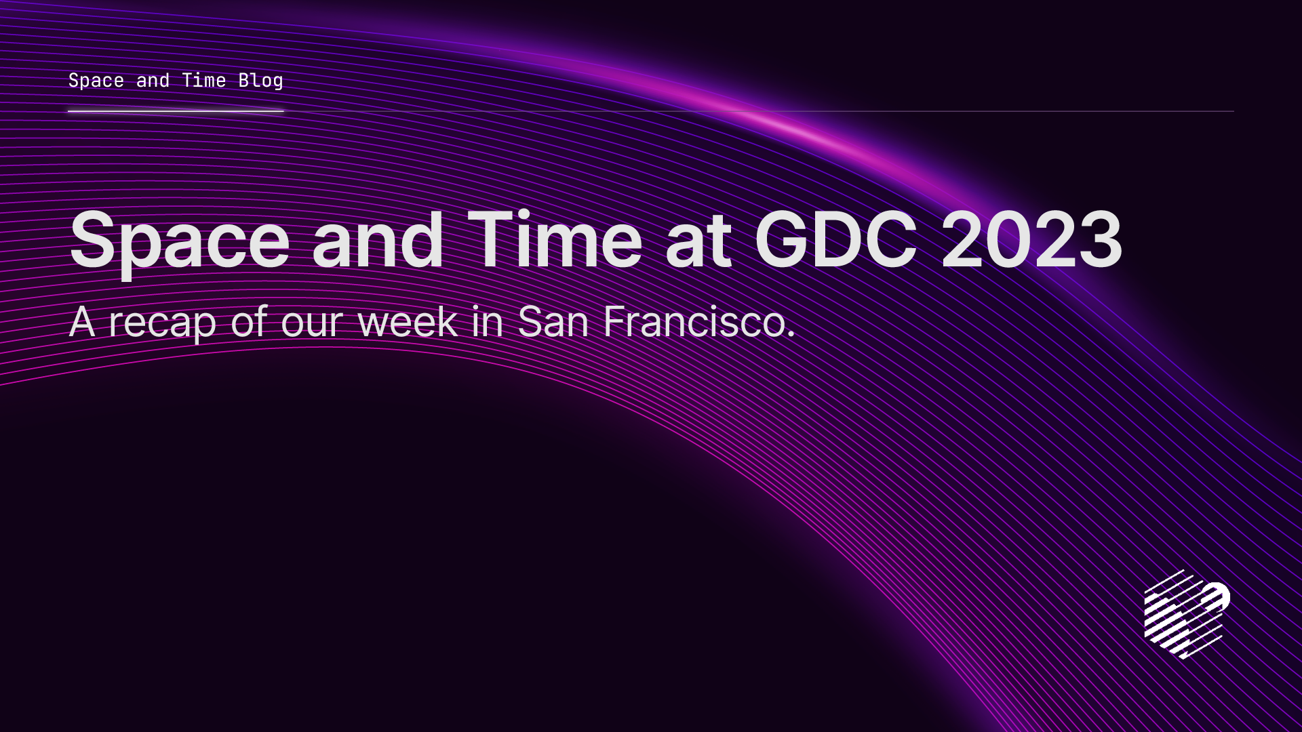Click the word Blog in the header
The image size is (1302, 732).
pyautogui.click(x=260, y=81)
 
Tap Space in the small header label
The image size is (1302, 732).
pyautogui.click(x=96, y=81)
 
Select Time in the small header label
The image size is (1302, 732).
pyautogui.click(x=203, y=81)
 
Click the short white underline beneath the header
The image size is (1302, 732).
pyautogui.click(x=176, y=110)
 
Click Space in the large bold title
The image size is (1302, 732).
pyautogui.click(x=180, y=241)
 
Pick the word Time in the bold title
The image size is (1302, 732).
pyautogui.click(x=555, y=240)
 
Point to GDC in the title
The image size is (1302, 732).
pyautogui.click(x=835, y=240)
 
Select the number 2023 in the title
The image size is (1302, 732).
pyautogui.click(x=1031, y=240)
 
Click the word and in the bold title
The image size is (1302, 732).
pyautogui.click(x=378, y=240)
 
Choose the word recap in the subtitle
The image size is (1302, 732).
pyautogui.click(x=162, y=323)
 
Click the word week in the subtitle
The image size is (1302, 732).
pyautogui.click(x=407, y=321)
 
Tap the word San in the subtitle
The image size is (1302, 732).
pyautogui.click(x=553, y=321)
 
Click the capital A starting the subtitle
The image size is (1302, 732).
pyautogui.click(x=81, y=321)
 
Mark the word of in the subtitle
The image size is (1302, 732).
pyautogui.click(x=249, y=321)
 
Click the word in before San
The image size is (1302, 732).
pyautogui.click(x=487, y=321)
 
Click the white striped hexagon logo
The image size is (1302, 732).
pyautogui.click(x=1186, y=614)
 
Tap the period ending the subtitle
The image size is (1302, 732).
pyautogui.click(x=791, y=335)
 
